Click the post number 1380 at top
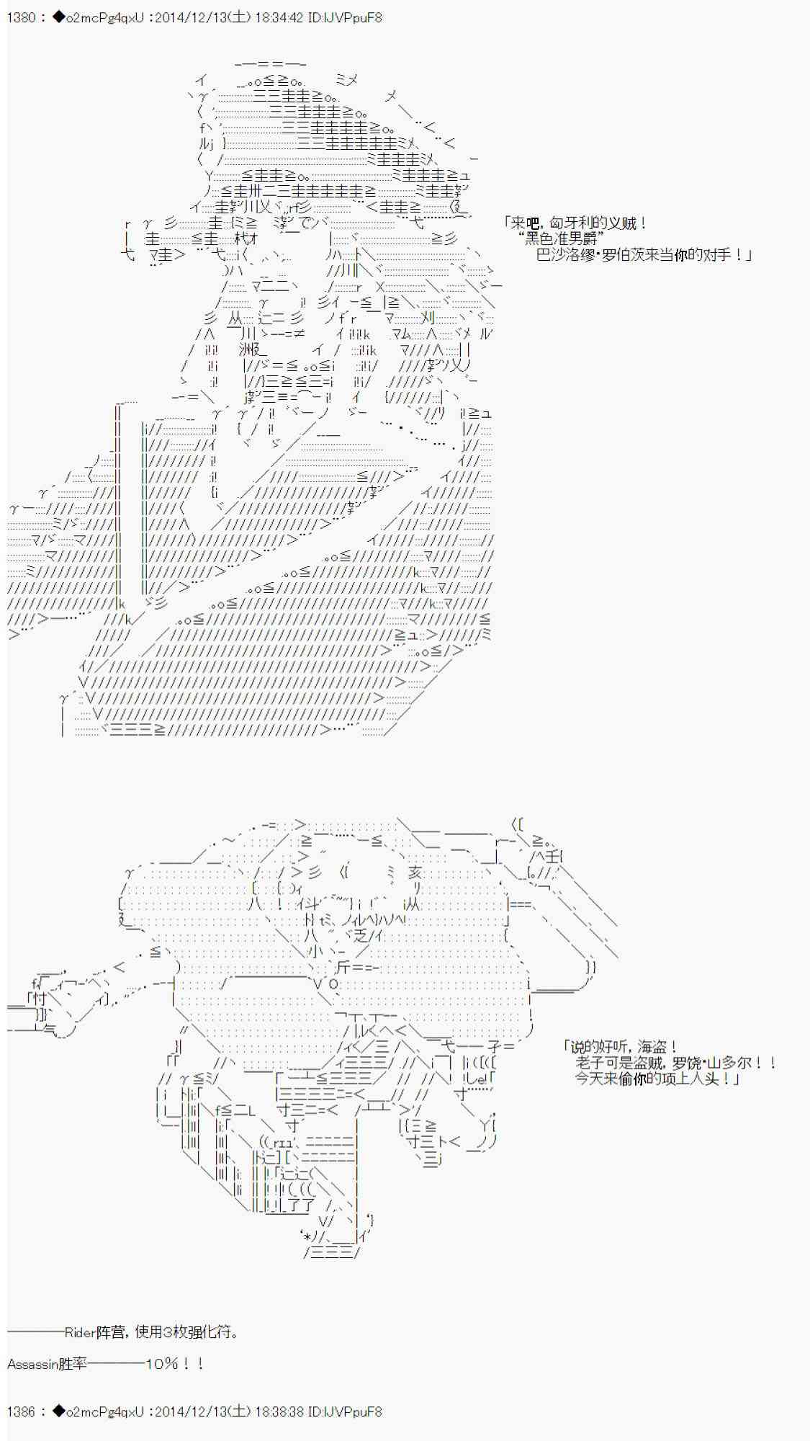click(20, 17)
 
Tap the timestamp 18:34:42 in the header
click(278, 17)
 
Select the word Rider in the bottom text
click(80, 1332)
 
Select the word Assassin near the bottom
click(32, 1364)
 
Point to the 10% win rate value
click(163, 1364)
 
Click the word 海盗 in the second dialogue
click(647, 1047)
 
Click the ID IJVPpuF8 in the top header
click(354, 17)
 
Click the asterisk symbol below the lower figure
click(307, 1237)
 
